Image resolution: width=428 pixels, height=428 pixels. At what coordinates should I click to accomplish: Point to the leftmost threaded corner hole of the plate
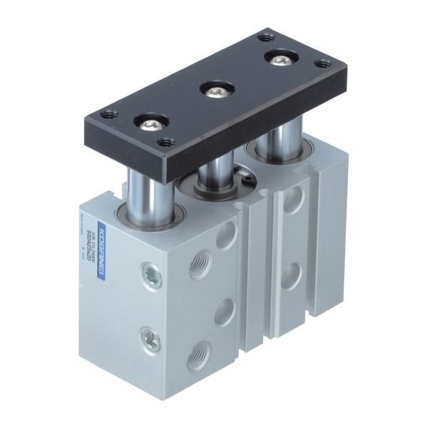click(x=109, y=114)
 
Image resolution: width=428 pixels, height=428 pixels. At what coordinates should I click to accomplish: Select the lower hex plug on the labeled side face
click(x=150, y=338)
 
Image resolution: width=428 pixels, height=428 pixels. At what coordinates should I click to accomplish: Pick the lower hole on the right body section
click(x=292, y=274)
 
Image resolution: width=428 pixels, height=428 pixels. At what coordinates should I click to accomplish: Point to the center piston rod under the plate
click(x=215, y=171)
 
